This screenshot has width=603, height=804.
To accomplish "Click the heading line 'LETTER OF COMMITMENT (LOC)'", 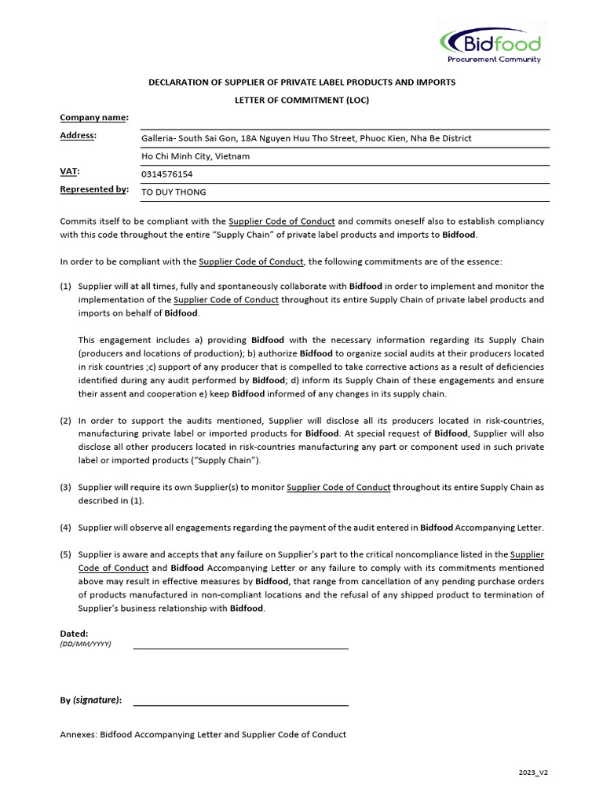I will (x=301, y=100).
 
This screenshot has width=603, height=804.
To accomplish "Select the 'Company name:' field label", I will (x=93, y=118).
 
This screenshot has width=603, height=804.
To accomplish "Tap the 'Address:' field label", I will (x=78, y=136).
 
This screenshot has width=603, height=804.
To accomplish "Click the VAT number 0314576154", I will (x=166, y=174).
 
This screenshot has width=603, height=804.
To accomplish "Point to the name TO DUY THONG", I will (x=174, y=192).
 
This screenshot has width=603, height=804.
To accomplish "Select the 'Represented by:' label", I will (x=93, y=189).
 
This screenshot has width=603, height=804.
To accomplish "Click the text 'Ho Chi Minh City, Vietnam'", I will (x=195, y=156).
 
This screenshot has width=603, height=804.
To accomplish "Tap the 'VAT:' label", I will (x=70, y=171).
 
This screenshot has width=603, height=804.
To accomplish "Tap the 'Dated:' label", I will (x=74, y=633).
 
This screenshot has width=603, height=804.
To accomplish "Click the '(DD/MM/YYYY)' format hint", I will (x=86, y=644).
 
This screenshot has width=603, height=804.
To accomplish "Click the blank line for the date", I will (x=240, y=647).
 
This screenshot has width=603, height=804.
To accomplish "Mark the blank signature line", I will (x=240, y=703).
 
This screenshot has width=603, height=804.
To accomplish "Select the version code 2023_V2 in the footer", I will (x=532, y=773).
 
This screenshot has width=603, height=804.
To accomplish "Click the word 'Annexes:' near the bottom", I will (x=79, y=735).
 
